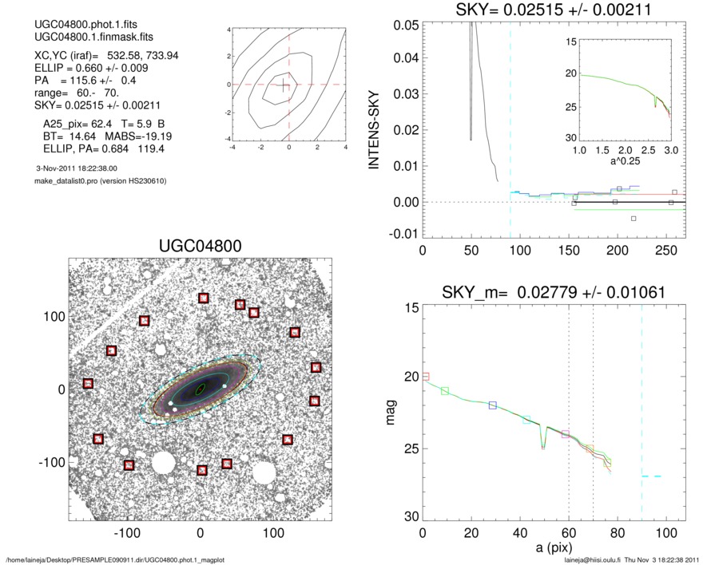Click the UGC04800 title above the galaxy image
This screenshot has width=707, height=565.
[x=201, y=245]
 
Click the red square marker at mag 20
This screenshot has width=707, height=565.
[x=426, y=376]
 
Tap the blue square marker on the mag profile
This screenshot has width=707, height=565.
[x=493, y=405]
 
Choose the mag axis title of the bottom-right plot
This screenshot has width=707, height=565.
[x=391, y=413]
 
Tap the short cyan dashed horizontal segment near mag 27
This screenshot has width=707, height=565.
[x=651, y=476]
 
